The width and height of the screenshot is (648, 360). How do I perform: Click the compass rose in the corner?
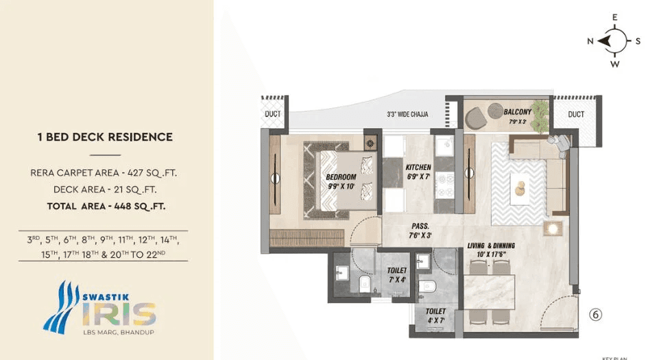click(614, 41)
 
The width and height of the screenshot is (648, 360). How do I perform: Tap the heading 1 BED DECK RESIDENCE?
click(105, 137)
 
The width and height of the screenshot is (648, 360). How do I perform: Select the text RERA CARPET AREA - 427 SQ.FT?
click(108, 173)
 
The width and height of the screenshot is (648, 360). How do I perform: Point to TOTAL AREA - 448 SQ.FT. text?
click(106, 205)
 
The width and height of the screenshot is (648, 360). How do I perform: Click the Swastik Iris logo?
click(100, 306)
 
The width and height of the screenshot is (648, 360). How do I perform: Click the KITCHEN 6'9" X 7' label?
click(418, 171)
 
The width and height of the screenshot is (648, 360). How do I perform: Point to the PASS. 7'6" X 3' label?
click(420, 229)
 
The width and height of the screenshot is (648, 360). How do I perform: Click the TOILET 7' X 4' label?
click(397, 275)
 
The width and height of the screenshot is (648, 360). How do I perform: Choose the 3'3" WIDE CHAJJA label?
click(407, 114)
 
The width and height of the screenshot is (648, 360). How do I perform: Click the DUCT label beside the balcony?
click(576, 114)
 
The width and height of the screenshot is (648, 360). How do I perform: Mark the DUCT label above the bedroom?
click(273, 114)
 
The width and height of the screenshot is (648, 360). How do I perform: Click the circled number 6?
click(596, 315)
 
